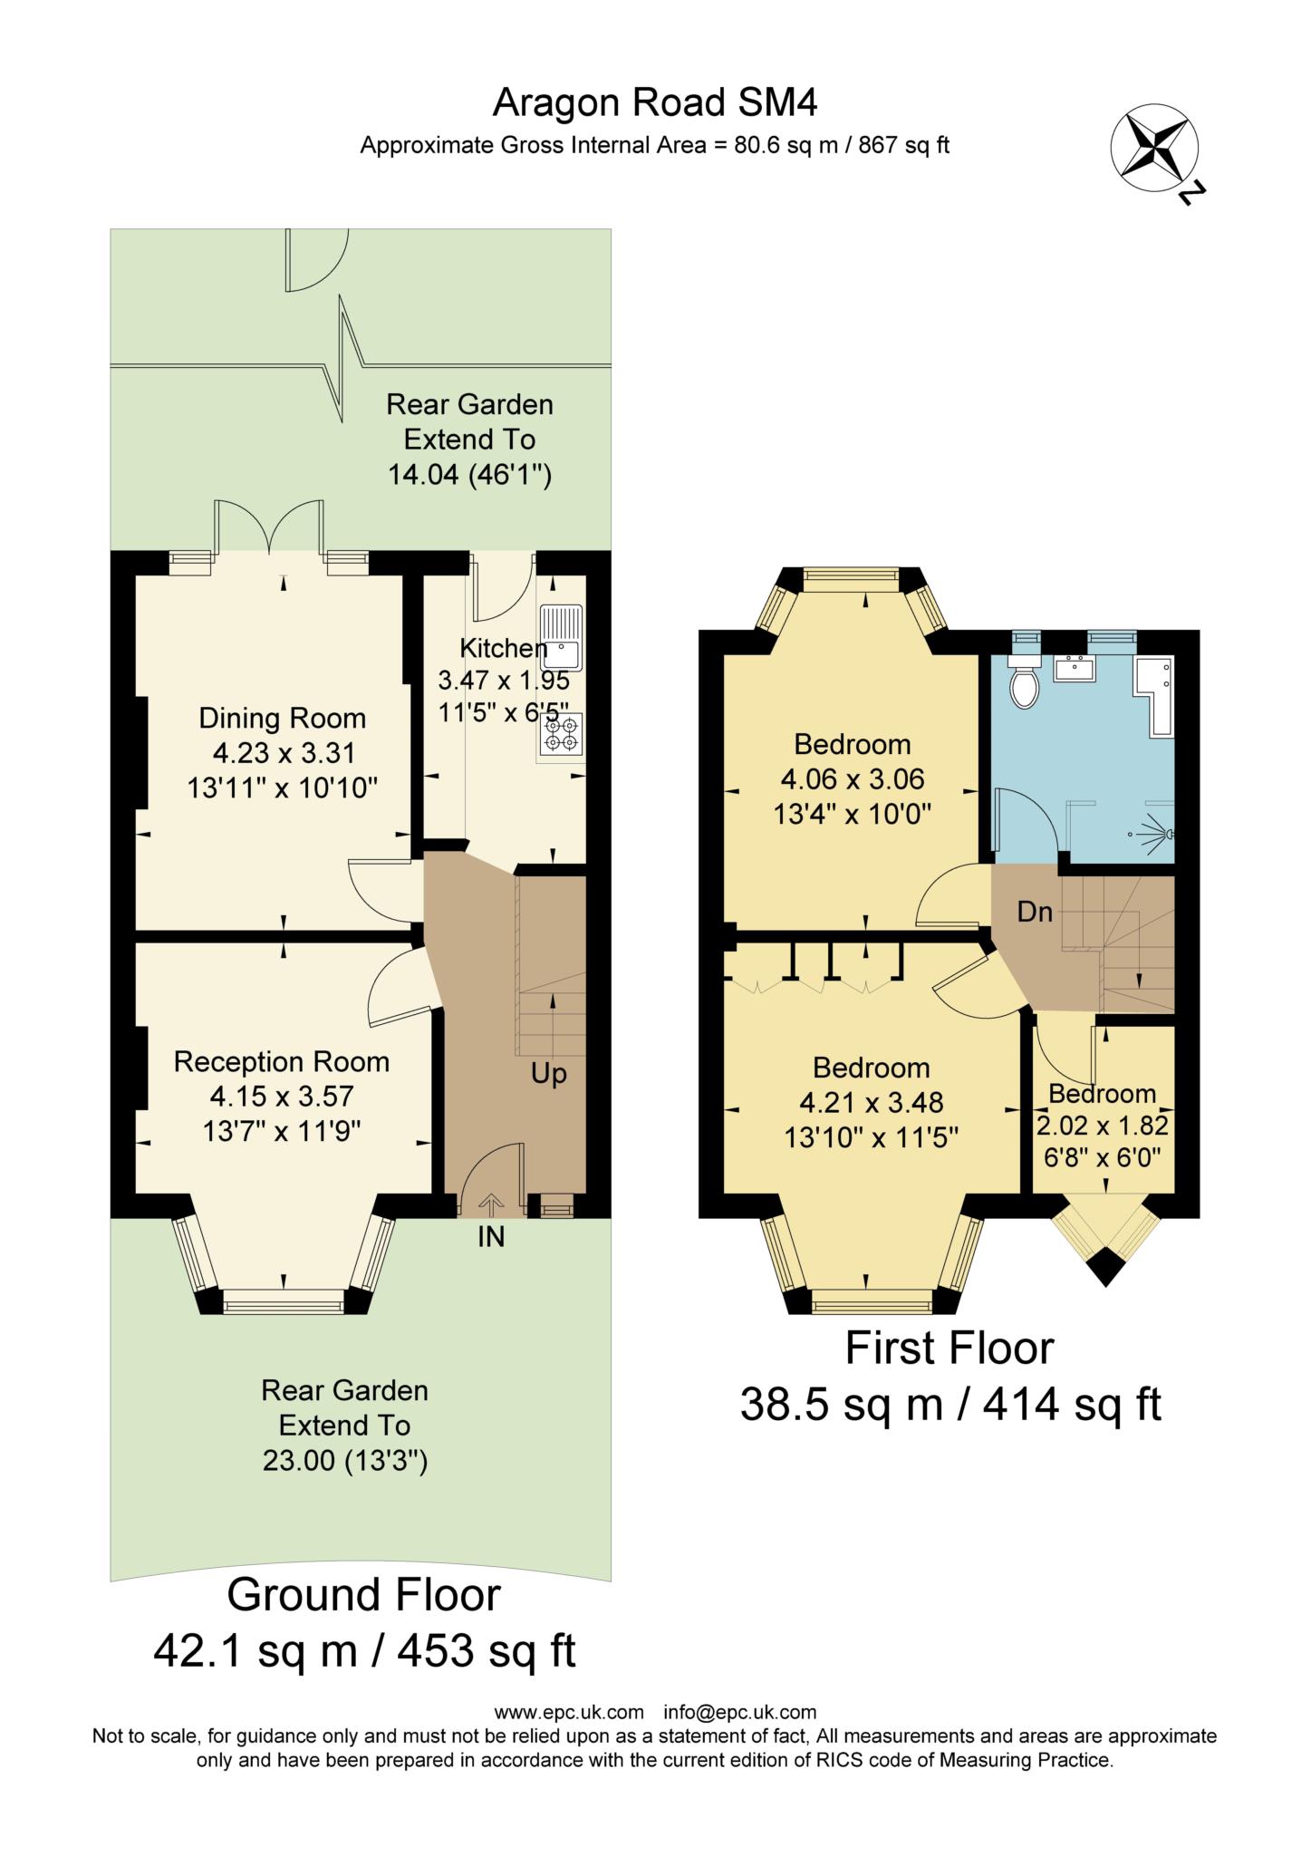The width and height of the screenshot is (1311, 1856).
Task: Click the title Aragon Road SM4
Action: pos(654,103)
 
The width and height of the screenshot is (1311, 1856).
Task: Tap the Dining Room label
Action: pos(283,719)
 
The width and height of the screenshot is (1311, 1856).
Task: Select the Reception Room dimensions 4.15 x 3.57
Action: pos(281,1097)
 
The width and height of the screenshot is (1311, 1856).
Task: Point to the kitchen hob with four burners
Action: pos(561,734)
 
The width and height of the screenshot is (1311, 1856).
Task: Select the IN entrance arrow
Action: pos(491,1205)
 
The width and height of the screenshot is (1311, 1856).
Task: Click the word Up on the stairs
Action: pos(548,1075)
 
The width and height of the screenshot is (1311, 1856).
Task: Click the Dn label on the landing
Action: pos(1035,913)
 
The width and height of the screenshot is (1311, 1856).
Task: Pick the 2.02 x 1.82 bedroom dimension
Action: pos(1102,1126)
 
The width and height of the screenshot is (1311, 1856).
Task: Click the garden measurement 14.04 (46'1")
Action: pos(469,474)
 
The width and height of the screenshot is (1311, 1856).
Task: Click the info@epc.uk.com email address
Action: pos(739,1712)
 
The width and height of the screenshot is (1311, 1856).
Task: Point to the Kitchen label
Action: pos(503,649)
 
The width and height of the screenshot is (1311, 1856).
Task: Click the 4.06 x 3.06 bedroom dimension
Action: pos(852,779)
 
